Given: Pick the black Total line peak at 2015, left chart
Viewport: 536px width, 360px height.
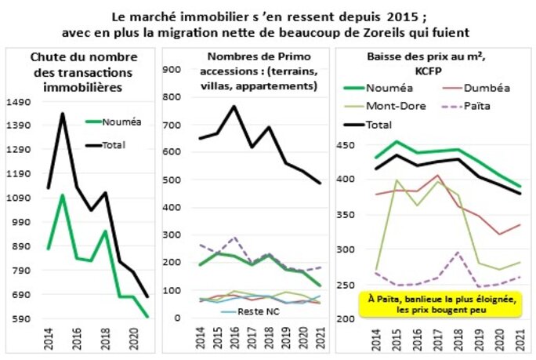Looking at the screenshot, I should pos(63,114).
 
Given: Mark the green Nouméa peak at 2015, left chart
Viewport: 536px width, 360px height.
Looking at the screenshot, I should pos(63,195).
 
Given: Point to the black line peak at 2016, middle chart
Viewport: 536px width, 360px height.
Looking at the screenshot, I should pos(234,107).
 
